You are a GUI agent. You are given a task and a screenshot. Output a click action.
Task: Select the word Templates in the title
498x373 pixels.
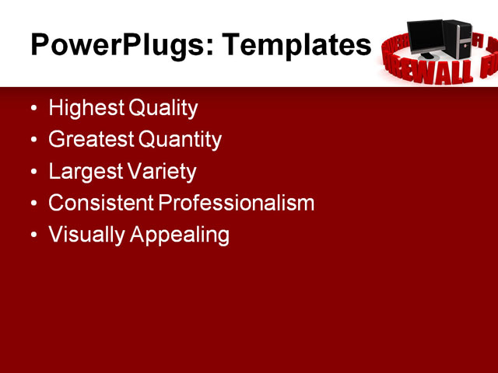[296, 45]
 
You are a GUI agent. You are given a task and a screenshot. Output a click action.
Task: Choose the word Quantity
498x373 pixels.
[180, 140]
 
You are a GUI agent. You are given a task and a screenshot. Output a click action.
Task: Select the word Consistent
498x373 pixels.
[101, 204]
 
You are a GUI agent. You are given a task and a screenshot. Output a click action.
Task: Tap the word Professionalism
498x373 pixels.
[237, 204]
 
